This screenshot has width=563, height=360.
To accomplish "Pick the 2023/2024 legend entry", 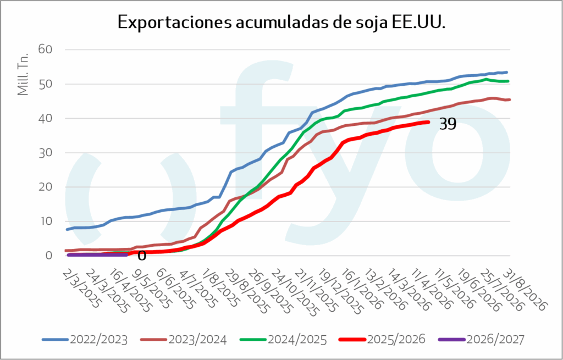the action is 183,339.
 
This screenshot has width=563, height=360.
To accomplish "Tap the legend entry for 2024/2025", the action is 283,339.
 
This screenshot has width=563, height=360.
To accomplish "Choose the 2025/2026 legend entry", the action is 382,339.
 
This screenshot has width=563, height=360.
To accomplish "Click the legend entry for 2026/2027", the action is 481,339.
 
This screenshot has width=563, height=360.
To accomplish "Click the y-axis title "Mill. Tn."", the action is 23,74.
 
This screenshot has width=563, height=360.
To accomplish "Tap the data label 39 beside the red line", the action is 448,124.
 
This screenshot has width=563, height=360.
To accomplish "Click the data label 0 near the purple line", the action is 142,256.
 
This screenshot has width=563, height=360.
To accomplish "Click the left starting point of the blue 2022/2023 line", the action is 67,229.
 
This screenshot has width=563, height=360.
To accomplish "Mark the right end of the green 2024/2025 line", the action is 508,81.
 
